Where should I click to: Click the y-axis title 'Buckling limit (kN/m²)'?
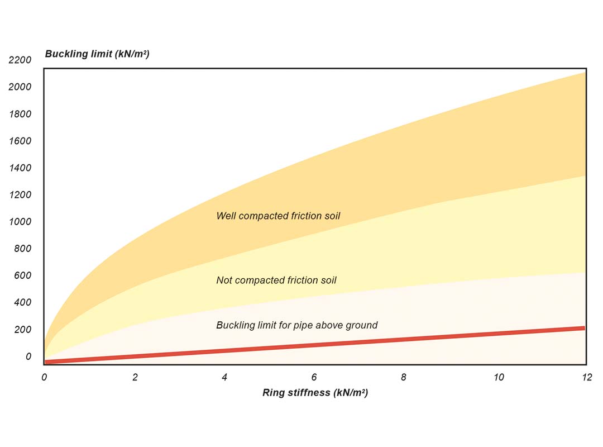click(97, 54)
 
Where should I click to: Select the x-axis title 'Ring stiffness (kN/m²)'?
click(315, 392)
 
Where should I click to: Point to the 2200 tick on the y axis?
click(20, 60)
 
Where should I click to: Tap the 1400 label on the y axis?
click(20, 168)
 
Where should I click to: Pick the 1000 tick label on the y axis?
click(20, 222)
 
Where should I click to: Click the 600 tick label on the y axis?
click(22, 275)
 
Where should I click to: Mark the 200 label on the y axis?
click(22, 330)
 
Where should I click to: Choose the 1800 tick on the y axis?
click(20, 115)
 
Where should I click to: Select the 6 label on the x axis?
click(314, 377)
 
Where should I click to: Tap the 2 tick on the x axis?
click(135, 377)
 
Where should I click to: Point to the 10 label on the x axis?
click(499, 377)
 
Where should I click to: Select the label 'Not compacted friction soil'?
click(276, 280)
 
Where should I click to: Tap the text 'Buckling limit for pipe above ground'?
click(296, 325)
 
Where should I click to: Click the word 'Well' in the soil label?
click(226, 216)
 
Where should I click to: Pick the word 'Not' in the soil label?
click(224, 280)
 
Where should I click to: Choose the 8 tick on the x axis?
click(404, 377)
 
